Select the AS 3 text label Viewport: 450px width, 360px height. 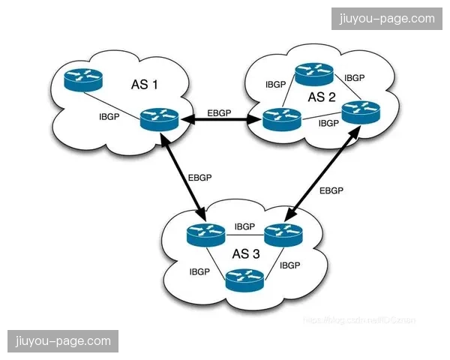point(246,254)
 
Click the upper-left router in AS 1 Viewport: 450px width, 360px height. point(82,79)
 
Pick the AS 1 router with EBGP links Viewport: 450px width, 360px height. point(159,119)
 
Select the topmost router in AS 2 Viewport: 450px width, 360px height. point(313,73)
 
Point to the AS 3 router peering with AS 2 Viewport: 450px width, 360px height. point(283,235)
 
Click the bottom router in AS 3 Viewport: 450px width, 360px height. point(245,281)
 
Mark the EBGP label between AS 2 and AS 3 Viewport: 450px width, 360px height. point(331,190)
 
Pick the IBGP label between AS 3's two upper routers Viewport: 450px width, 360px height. point(244,226)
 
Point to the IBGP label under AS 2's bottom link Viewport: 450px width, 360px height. point(328,123)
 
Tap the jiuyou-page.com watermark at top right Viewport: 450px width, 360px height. point(387,18)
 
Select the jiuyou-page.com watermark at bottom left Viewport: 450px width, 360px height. point(62,341)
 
